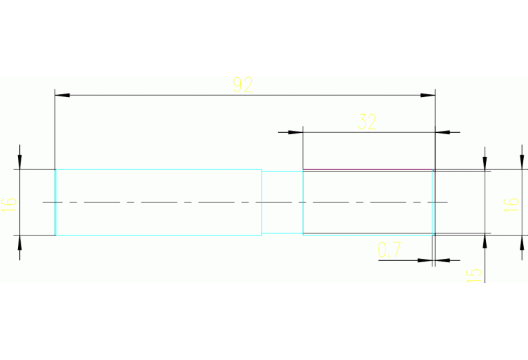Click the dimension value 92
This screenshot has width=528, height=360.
click(243, 85)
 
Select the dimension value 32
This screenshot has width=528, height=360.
click(367, 122)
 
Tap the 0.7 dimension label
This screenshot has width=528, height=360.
click(389, 250)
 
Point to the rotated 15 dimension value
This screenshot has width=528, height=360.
click(474, 275)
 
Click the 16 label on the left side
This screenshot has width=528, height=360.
click(9, 204)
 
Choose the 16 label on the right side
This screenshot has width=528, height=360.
click(511, 204)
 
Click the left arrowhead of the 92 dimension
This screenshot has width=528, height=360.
click(62, 95)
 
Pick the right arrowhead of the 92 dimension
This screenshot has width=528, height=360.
click(427, 95)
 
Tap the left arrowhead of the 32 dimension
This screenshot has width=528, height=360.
click(295, 132)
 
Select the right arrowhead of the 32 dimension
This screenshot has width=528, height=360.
click(443, 132)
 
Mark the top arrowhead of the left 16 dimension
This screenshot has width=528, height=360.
click(19, 162)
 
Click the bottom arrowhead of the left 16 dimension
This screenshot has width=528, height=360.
click(19, 243)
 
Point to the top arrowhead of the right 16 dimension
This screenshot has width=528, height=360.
click(522, 162)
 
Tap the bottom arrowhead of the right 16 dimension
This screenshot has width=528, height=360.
click(522, 243)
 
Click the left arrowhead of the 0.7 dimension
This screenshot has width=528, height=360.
click(425, 260)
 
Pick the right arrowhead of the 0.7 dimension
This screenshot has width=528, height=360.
click(443, 260)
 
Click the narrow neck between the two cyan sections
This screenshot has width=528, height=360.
click(282, 202)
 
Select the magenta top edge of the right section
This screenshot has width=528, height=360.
click(368, 170)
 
